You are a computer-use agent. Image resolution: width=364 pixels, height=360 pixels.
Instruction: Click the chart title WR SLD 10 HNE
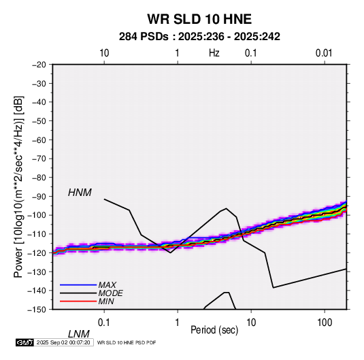199,19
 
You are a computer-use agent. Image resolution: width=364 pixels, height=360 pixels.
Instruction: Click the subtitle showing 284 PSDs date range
199,37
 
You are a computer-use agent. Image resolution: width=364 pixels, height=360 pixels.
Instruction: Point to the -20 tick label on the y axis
39,65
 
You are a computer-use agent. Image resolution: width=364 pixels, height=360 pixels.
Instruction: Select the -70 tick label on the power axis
39,159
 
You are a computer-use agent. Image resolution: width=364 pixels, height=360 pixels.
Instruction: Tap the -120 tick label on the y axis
37,253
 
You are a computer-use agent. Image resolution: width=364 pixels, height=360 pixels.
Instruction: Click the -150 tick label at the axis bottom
37,310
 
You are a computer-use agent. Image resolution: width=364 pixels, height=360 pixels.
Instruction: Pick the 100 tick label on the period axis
325,323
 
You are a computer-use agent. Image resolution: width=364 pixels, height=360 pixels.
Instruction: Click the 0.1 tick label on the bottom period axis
104,323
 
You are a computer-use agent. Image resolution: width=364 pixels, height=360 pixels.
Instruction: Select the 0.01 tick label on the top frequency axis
324,53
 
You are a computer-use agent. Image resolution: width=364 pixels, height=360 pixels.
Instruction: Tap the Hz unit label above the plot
214,53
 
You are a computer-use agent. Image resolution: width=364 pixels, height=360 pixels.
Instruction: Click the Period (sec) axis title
214,330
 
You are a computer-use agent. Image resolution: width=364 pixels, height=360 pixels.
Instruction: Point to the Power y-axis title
18,187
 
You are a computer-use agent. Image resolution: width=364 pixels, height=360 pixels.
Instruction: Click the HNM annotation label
80,193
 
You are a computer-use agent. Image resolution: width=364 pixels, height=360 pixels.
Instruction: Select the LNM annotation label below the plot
79,334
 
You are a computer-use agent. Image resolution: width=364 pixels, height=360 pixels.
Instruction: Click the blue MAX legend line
78,284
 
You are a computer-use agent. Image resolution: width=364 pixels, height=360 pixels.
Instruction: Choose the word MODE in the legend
110,293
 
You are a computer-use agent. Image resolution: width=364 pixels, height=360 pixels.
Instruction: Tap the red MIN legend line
78,301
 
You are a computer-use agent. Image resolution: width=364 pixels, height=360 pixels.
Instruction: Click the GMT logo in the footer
25,342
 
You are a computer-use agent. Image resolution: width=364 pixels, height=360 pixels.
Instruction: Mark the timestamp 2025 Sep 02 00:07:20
63,342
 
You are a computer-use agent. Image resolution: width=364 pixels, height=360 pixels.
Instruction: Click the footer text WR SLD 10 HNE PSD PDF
127,342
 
